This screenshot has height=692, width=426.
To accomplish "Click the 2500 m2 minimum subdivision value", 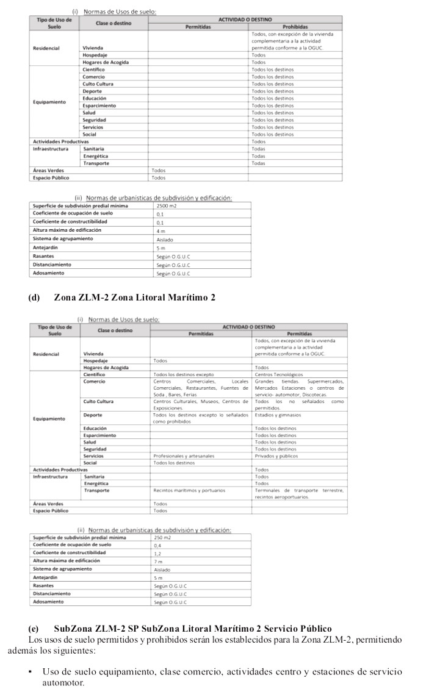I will [165, 206].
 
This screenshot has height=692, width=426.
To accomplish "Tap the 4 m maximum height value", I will [161, 231].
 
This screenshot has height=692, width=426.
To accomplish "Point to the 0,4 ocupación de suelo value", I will [158, 546].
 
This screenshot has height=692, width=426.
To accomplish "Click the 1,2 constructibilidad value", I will [158, 553].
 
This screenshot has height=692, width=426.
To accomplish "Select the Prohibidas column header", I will [295, 27].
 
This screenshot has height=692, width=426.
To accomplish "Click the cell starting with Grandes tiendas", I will [299, 388].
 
